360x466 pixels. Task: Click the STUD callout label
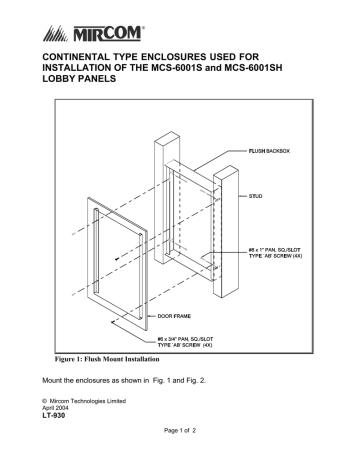258,198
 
